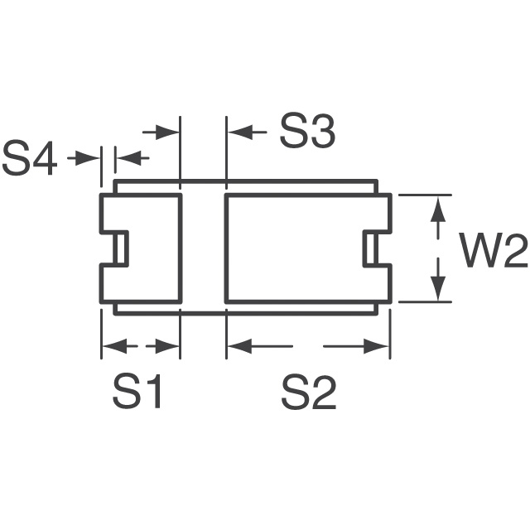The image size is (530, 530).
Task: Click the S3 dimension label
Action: click(306, 132)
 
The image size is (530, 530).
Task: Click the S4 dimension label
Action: click(30, 159)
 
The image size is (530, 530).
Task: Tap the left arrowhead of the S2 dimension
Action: click(237, 346)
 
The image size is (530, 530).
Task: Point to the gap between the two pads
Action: click(203, 248)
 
